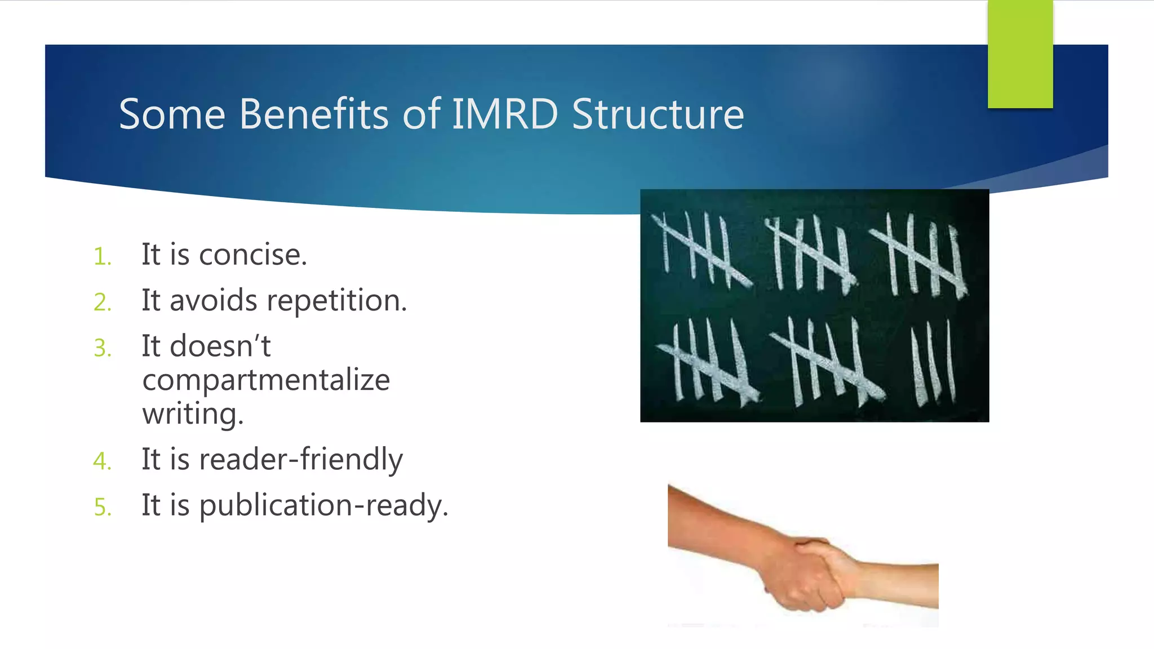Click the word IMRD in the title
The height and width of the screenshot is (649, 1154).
(x=505, y=114)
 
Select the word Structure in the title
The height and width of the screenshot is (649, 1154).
(x=658, y=114)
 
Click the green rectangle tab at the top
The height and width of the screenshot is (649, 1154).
(x=1020, y=54)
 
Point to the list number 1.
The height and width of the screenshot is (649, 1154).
(x=103, y=257)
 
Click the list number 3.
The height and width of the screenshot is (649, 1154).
(x=103, y=348)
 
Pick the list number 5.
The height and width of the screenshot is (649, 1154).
(x=103, y=508)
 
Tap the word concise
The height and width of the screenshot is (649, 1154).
(x=253, y=255)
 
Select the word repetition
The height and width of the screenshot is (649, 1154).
(x=336, y=301)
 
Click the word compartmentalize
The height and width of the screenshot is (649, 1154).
(x=266, y=380)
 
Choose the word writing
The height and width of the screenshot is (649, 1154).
(x=193, y=415)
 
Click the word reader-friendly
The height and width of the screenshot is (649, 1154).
(x=301, y=460)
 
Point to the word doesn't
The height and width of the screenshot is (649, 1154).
(x=220, y=346)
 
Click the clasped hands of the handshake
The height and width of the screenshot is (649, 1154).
(x=806, y=575)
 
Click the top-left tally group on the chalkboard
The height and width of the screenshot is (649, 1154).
(x=702, y=251)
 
